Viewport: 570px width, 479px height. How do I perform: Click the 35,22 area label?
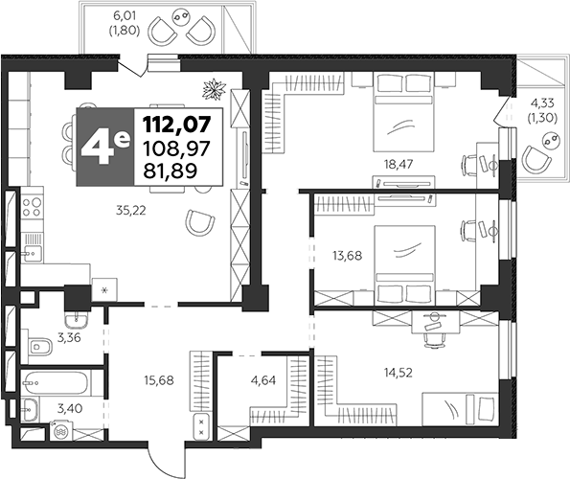pos(131,210)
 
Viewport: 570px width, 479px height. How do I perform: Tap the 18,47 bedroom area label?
pos(399,164)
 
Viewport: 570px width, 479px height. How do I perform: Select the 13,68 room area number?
pos(347,256)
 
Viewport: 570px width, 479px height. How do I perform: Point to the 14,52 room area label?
pos(399,372)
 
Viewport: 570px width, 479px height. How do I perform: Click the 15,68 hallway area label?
pos(159,380)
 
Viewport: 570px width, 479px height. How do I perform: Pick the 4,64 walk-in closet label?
pos(263,380)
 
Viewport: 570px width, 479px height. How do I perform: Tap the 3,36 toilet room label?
pos(69,337)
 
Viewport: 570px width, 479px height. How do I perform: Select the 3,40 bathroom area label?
pos(70,408)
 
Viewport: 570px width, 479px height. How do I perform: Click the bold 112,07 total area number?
pos(177,124)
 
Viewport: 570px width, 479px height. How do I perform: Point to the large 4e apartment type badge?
pos(105,147)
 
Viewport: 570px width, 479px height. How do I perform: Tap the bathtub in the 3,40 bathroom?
pos(55,383)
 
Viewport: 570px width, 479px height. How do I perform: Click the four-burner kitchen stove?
pos(32,206)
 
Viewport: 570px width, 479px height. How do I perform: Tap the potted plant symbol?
pos(215,89)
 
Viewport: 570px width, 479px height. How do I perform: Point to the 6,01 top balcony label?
pos(125,24)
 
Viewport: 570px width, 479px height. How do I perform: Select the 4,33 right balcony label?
pos(542,111)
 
